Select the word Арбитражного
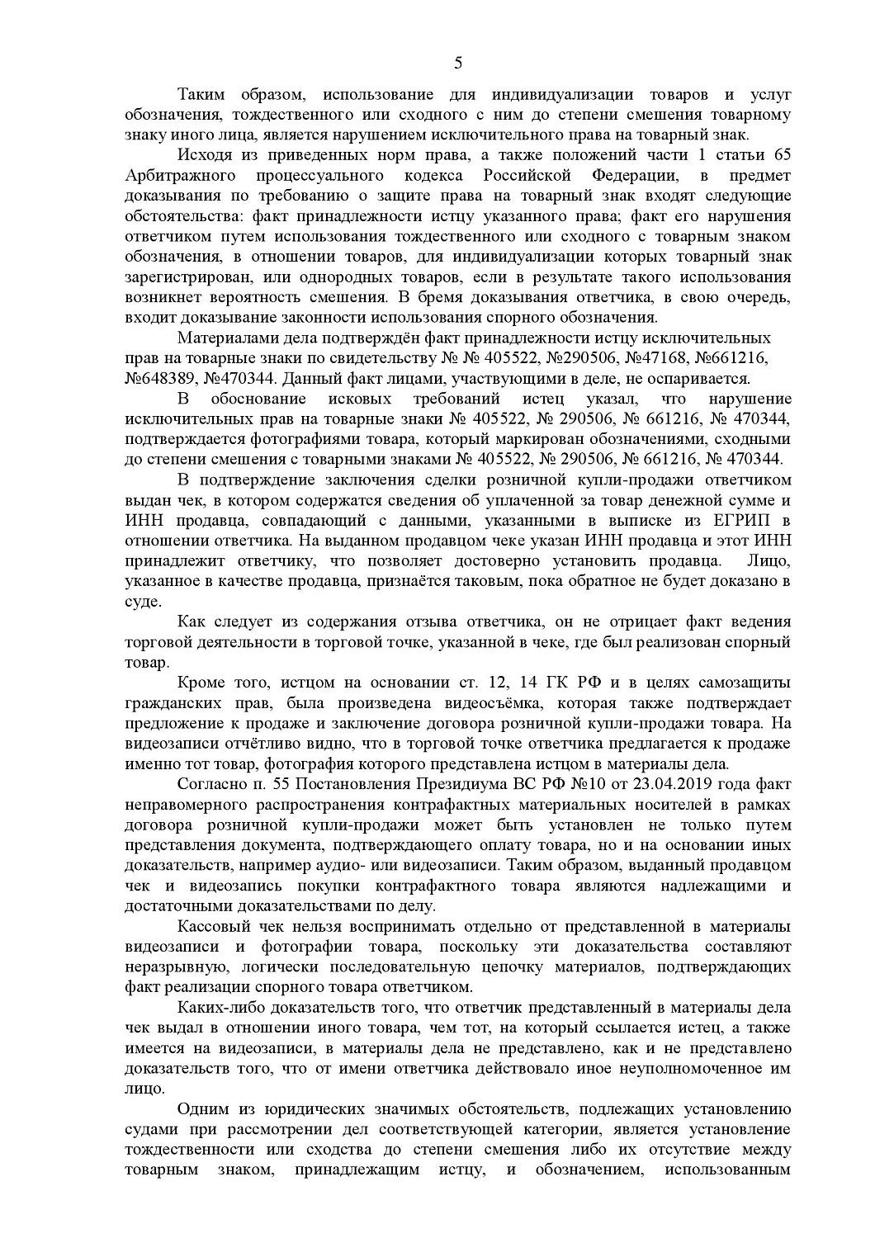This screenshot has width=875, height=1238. pyautogui.click(x=180, y=175)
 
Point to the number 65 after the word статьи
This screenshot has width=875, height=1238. pyautogui.click(x=780, y=155)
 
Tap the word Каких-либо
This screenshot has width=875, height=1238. pyautogui.click(x=216, y=1007)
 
